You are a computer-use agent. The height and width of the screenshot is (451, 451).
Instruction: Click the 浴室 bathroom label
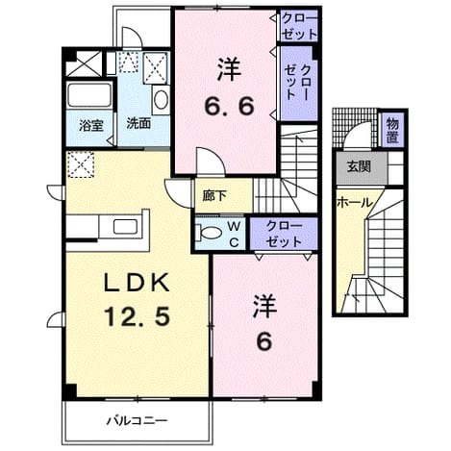(x=91, y=125)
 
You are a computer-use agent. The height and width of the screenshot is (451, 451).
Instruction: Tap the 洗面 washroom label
(x=138, y=124)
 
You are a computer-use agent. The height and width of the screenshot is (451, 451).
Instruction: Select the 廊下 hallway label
(x=214, y=196)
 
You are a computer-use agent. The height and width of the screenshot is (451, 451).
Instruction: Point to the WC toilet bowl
(x=211, y=233)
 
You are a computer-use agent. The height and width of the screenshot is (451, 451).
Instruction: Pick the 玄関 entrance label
(x=360, y=166)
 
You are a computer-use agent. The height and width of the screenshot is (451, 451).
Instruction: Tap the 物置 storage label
(x=392, y=130)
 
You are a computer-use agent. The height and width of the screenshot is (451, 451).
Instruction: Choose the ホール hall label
(x=355, y=203)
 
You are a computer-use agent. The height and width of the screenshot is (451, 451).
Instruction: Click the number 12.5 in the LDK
(x=137, y=316)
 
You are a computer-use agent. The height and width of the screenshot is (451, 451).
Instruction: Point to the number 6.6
(x=229, y=106)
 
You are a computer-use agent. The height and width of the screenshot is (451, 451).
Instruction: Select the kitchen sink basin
(x=125, y=226)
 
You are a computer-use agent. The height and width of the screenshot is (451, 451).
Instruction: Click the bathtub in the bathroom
(x=89, y=95)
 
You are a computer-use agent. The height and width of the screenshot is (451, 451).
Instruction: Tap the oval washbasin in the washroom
(x=161, y=100)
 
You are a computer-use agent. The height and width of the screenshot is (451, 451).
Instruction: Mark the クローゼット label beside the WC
(x=284, y=234)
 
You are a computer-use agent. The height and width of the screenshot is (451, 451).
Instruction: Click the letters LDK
(x=137, y=283)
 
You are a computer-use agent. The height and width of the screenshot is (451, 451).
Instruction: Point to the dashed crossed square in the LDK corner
(x=81, y=164)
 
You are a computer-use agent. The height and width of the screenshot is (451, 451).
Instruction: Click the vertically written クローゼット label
(x=298, y=83)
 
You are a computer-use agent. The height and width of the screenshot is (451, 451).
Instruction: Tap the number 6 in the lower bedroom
(x=264, y=341)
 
